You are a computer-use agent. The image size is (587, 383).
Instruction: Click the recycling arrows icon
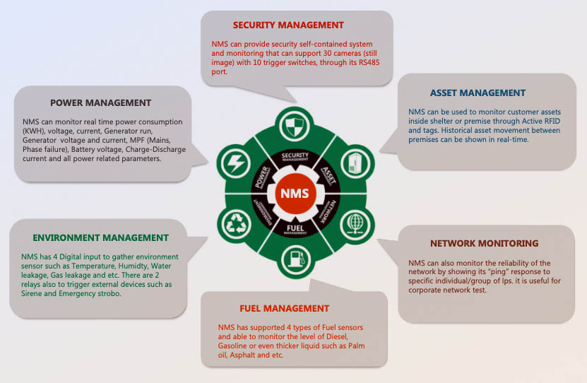click(x=234, y=225)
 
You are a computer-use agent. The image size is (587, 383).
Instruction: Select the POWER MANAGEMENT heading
click(x=100, y=102)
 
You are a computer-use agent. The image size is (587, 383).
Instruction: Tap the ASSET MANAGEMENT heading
click(x=478, y=93)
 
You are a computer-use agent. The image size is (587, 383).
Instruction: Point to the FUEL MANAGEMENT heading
click(x=284, y=308)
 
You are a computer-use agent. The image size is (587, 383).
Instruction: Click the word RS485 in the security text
click(x=352, y=62)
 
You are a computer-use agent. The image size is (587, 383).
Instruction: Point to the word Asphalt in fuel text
click(x=249, y=355)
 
